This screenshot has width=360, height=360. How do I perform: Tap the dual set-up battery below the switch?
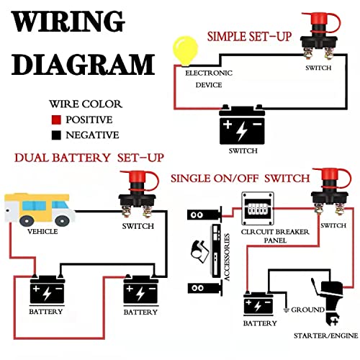(140, 292)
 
